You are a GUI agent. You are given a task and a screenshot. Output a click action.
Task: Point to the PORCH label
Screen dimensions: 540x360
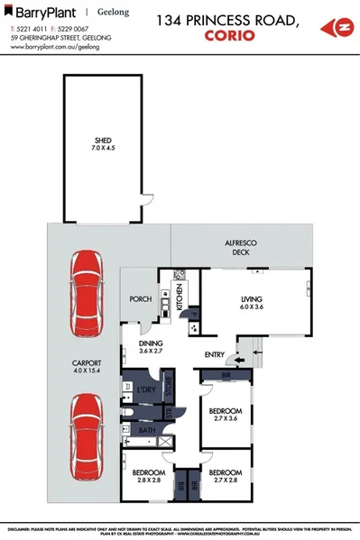(140, 300)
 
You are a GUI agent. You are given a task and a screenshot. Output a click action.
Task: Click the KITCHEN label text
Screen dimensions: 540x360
(180, 296)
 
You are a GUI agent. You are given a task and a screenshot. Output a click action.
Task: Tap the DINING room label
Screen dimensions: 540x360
(150, 347)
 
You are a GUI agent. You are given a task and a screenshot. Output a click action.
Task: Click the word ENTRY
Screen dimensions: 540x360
(214, 354)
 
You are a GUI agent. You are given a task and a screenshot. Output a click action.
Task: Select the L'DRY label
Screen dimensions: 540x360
(145, 390)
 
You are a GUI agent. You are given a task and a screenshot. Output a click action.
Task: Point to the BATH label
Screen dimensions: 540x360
(145, 431)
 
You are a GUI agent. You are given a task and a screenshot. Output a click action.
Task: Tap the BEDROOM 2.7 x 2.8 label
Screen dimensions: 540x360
(226, 476)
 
